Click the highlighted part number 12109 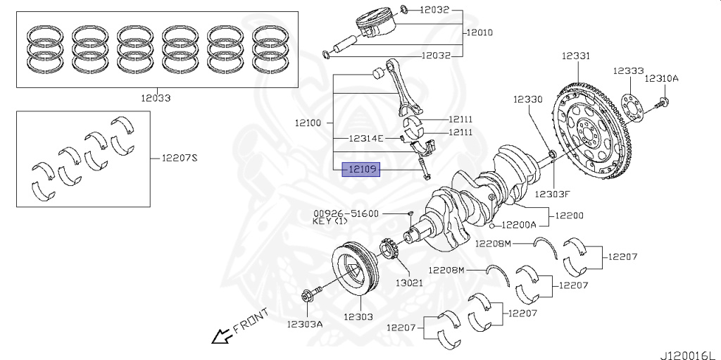360,170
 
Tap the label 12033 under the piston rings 156,98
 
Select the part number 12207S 180,157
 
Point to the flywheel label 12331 576,56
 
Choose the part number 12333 627,71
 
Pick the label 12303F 551,194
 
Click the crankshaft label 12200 569,215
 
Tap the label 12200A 518,225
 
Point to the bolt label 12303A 304,324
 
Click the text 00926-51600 346,213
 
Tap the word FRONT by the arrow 250,321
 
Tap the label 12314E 366,139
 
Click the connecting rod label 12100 308,123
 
